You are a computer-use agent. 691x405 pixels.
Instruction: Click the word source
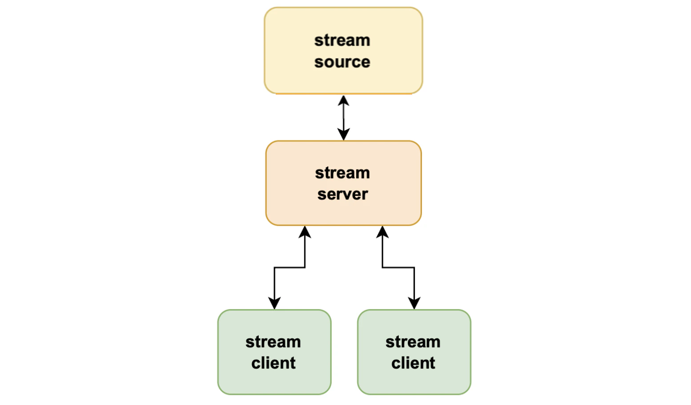tap(342, 62)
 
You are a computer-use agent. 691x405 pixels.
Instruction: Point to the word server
tap(342, 195)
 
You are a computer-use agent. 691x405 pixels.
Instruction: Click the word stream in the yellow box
tap(342, 40)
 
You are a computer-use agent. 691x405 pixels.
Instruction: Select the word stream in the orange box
tap(342, 173)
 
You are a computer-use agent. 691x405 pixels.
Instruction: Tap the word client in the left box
tap(273, 363)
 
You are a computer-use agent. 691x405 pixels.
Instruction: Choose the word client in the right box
tap(413, 363)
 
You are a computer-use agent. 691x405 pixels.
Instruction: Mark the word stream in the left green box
tap(273, 342)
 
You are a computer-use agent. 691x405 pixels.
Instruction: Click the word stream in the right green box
tap(413, 342)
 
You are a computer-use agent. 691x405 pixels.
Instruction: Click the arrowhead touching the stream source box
tap(343, 100)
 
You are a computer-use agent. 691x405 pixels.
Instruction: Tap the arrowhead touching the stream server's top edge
tap(343, 135)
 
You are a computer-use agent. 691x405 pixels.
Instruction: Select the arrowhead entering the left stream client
tap(274, 303)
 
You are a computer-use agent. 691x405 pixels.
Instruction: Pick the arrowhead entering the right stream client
tap(414, 303)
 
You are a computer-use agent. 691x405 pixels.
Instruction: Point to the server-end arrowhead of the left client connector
tap(305, 232)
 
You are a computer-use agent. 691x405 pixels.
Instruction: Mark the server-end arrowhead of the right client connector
tap(382, 232)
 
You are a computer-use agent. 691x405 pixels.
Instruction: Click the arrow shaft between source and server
tap(343, 117)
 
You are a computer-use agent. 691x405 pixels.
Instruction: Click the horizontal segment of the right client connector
tap(398, 267)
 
